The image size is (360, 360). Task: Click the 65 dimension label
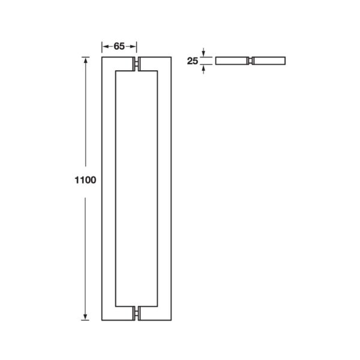pos(119,46)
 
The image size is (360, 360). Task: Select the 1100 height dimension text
pos(85,179)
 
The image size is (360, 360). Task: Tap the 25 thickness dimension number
pos(193,61)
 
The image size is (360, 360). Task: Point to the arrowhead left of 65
pos(104,46)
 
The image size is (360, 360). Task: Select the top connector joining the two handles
pos(137,64)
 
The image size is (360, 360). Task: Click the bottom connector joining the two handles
pos(137,314)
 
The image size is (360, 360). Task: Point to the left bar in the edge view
pos(232,61)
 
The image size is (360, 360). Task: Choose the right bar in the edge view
pos(269,61)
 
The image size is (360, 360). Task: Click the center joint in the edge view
pos(250,61)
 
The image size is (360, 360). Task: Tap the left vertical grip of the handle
pos(107,189)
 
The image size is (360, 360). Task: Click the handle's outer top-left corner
pos(103,58)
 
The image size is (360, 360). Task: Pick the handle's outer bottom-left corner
pos(103,320)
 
